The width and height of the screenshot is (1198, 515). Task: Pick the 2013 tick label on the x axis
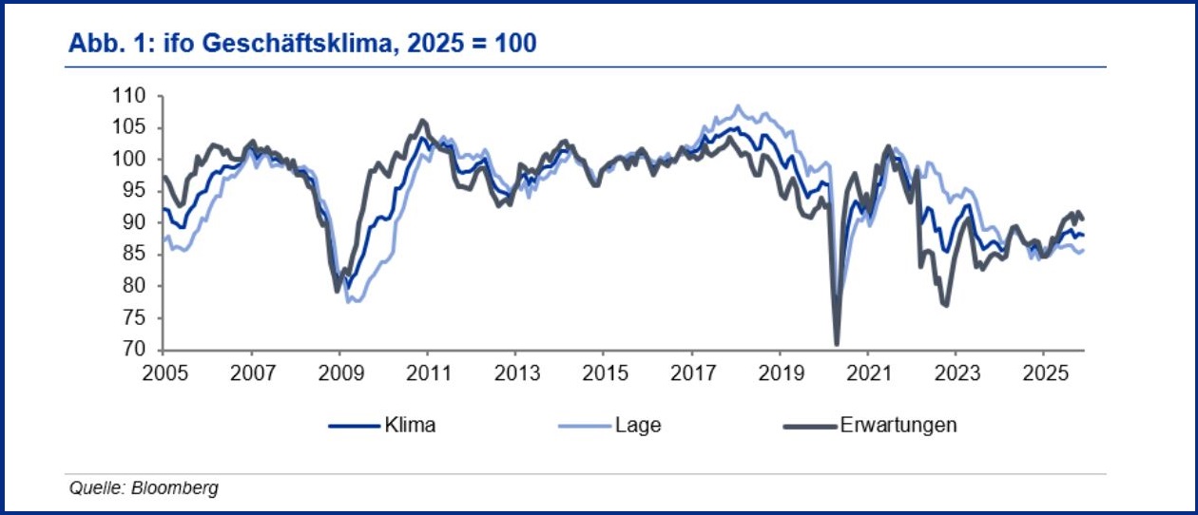(514, 371)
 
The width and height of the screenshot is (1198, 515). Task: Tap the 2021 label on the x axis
(867, 371)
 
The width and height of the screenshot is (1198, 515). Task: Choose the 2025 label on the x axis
(1043, 371)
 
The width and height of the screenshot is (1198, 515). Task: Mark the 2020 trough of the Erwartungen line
(837, 344)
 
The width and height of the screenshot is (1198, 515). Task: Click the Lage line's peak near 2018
(738, 105)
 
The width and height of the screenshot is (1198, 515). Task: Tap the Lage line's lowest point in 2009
(351, 301)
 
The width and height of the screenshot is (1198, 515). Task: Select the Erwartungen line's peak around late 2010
(423, 121)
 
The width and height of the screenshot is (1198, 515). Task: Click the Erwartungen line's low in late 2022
(945, 305)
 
